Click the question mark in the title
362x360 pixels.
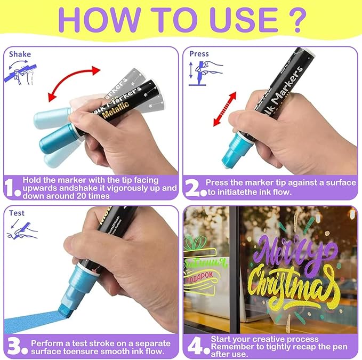tap(300, 20)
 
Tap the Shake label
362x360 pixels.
tap(20, 54)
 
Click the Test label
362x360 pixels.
tap(17, 213)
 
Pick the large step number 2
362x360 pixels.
tap(193, 188)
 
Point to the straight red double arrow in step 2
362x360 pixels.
tap(224, 108)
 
